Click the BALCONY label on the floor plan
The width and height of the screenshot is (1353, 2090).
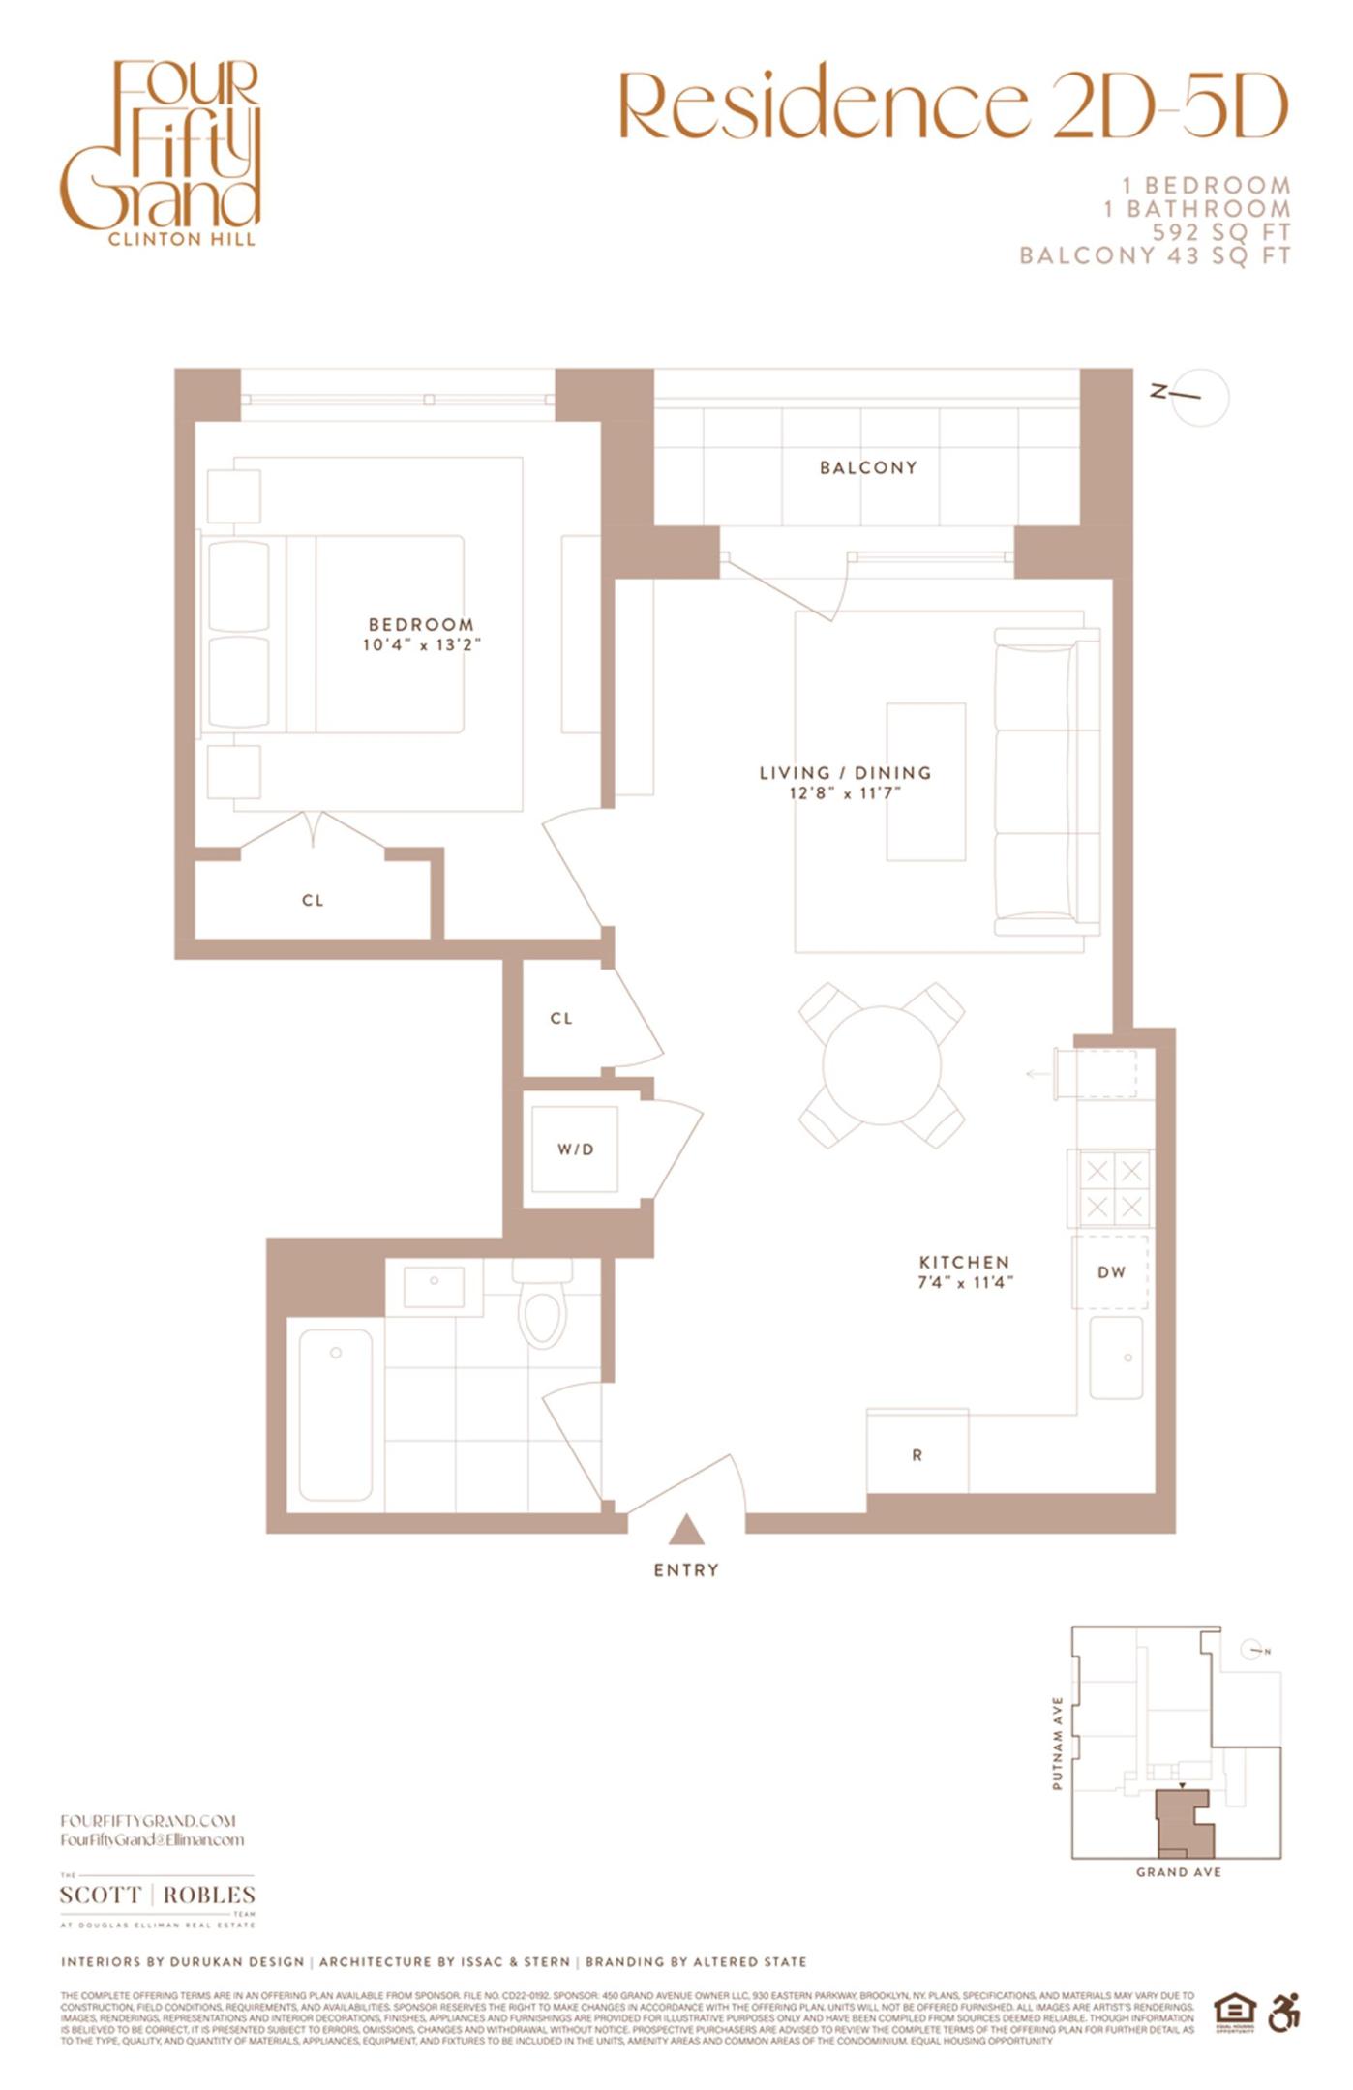click(867, 467)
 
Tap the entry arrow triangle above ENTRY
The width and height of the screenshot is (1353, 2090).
click(685, 1530)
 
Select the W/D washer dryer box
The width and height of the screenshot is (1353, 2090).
click(575, 1149)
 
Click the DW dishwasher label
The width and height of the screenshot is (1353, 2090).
click(1111, 1271)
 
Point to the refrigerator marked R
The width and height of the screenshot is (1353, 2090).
click(917, 1454)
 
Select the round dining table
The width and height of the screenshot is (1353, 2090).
click(881, 1065)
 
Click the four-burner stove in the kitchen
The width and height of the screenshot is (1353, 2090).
click(1112, 1188)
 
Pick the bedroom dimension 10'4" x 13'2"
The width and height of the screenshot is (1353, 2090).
click(421, 645)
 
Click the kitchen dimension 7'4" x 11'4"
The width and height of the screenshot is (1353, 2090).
click(965, 1283)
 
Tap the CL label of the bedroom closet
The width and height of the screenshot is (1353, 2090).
click(312, 900)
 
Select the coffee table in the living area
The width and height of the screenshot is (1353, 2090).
click(926, 781)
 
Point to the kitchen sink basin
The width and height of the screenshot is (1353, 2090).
click(1116, 1357)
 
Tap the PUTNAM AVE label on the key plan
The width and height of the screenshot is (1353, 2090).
click(1057, 1743)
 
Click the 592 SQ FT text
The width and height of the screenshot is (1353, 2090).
click(1220, 232)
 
